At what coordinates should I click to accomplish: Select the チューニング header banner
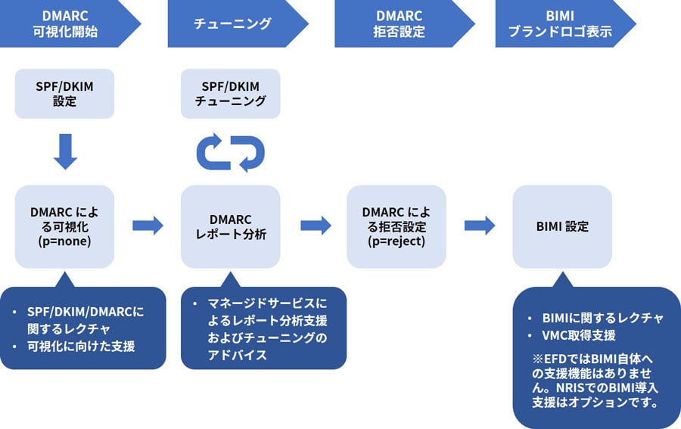[233, 23]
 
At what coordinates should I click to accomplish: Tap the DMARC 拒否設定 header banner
[400, 23]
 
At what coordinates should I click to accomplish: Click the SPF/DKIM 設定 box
[64, 94]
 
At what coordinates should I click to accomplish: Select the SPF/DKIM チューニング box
[230, 94]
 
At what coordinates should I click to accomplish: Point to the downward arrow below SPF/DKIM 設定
[65, 151]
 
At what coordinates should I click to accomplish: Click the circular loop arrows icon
[230, 153]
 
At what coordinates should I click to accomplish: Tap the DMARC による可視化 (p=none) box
[64, 225]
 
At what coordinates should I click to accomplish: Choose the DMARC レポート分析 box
[230, 225]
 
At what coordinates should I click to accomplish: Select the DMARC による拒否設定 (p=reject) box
[396, 225]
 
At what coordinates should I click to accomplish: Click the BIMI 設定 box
[561, 225]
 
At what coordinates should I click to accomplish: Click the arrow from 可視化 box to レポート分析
[148, 225]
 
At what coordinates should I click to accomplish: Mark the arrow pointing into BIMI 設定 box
[480, 225]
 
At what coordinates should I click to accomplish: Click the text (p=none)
[64, 241]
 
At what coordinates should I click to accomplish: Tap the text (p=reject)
[396, 241]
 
